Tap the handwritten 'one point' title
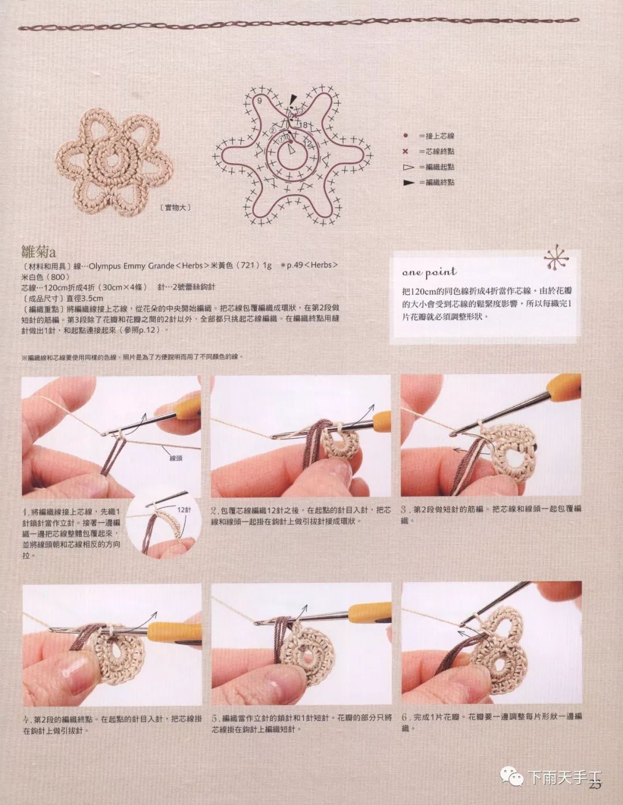click(x=429, y=272)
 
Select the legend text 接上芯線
click(x=440, y=136)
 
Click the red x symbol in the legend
click(x=406, y=152)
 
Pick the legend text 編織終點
click(x=440, y=182)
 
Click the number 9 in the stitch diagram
click(x=260, y=101)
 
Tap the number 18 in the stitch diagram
click(x=303, y=125)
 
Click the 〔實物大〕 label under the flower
click(x=173, y=208)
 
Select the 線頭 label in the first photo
click(x=175, y=458)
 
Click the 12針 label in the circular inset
click(x=184, y=510)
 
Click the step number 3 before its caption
click(x=404, y=510)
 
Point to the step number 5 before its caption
click(x=214, y=718)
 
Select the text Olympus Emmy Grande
click(x=132, y=266)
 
